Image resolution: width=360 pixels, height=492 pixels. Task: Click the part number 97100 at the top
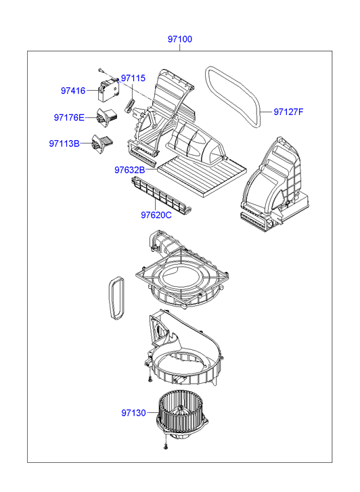180,39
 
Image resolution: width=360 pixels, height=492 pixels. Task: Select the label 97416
73,91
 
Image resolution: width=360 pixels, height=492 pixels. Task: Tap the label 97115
133,78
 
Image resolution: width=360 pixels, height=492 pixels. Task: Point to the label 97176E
69,118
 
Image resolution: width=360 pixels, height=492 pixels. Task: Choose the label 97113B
64,143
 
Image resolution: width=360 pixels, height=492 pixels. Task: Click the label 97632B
130,170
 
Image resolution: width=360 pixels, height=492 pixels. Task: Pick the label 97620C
156,215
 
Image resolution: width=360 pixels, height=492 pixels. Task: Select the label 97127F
288,112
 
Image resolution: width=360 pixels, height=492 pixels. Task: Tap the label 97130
134,413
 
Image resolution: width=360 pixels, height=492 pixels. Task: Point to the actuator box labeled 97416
108,91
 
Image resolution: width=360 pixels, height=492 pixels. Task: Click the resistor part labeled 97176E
107,117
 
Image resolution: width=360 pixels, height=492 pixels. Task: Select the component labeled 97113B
102,143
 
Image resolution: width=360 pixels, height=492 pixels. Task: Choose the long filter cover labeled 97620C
162,194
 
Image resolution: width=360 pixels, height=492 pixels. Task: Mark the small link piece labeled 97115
129,105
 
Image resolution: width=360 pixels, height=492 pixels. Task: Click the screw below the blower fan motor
166,446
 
